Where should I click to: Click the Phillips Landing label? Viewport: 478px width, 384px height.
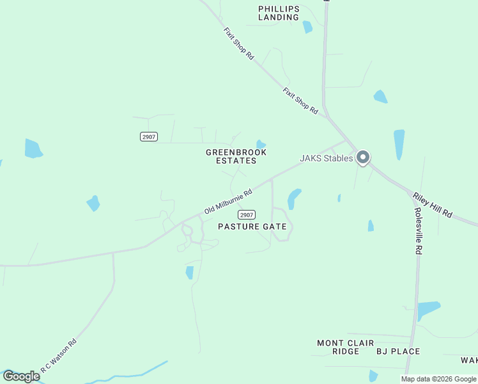click(279, 13)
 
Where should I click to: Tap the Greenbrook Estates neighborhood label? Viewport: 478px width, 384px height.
click(236, 157)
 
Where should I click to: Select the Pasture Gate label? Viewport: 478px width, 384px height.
click(252, 227)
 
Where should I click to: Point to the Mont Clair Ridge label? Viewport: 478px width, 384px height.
click(346, 347)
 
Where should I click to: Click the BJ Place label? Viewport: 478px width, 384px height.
click(397, 351)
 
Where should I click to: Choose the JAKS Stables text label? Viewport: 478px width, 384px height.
click(326, 158)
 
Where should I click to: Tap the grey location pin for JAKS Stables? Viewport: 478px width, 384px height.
click(363, 157)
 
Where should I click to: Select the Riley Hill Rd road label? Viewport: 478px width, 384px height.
click(433, 205)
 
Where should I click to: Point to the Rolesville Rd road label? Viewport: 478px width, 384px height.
click(418, 231)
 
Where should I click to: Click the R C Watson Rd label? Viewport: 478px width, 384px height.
click(59, 356)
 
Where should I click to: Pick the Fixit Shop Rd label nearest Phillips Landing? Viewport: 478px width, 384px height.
click(239, 44)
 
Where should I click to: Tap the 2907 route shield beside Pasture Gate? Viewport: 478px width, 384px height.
click(247, 214)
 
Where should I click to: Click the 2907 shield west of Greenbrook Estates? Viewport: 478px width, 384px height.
click(148, 136)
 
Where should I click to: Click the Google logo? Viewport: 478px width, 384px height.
click(21, 376)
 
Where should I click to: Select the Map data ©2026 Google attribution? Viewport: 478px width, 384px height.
click(439, 379)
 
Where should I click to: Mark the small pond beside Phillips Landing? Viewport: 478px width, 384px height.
click(307, 27)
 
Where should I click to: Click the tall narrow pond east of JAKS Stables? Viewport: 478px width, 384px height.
click(399, 145)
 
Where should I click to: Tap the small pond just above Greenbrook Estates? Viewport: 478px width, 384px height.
click(261, 144)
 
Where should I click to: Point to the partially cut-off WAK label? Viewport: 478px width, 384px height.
click(469, 360)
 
